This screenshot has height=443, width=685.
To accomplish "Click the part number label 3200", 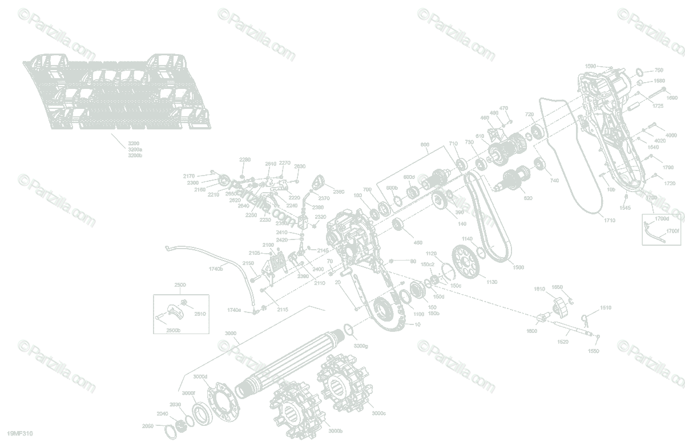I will coord(134,143).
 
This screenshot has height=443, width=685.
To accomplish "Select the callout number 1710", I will coord(610,220).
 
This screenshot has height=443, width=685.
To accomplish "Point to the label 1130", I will coord(491,282).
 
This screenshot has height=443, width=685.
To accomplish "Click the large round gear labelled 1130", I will coord(467,262).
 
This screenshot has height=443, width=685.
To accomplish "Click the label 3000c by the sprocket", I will coord(379,413).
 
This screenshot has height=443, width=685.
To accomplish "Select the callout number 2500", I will coord(180,284).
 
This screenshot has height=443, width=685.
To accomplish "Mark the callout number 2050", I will coord(148,426).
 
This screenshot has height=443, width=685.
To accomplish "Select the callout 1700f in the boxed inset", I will coord(672,231).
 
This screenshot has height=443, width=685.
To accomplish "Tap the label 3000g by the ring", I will coord(360,346).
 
